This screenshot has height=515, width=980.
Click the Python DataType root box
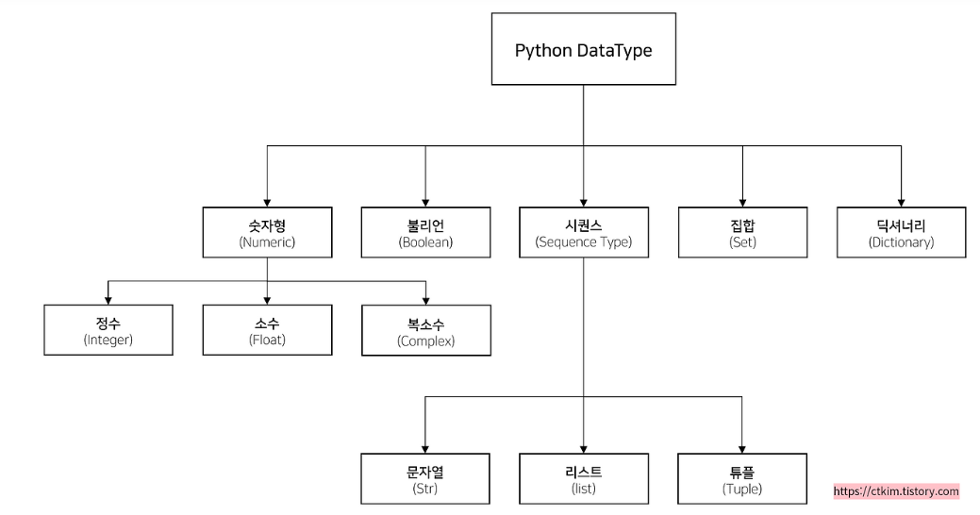click(x=583, y=50)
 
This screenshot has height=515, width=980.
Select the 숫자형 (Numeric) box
click(x=267, y=232)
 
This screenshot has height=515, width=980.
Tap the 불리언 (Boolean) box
click(x=425, y=232)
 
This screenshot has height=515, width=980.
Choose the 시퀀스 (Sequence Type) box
click(x=583, y=232)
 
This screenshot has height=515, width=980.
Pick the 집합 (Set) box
click(x=742, y=232)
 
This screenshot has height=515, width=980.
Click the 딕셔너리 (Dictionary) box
click(x=901, y=232)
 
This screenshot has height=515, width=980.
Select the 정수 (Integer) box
click(x=108, y=330)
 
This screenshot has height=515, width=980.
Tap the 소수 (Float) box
click(x=267, y=330)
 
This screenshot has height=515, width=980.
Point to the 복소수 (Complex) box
click(x=425, y=330)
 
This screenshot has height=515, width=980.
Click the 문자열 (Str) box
click(x=425, y=479)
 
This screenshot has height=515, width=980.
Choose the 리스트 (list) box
click(x=583, y=479)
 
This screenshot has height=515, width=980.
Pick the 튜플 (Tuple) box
click(x=742, y=479)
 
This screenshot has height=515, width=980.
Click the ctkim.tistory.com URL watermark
click(x=896, y=491)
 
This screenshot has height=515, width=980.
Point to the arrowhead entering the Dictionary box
click(x=901, y=201)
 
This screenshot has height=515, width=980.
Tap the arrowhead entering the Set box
click(x=742, y=201)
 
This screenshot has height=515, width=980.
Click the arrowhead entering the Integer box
click(x=108, y=299)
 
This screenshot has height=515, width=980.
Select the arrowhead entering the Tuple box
click(x=742, y=448)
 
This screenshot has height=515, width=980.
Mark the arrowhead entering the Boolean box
click(x=425, y=201)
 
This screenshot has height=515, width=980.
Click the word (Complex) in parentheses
click(x=425, y=341)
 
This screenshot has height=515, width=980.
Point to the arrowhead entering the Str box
click(x=425, y=448)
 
